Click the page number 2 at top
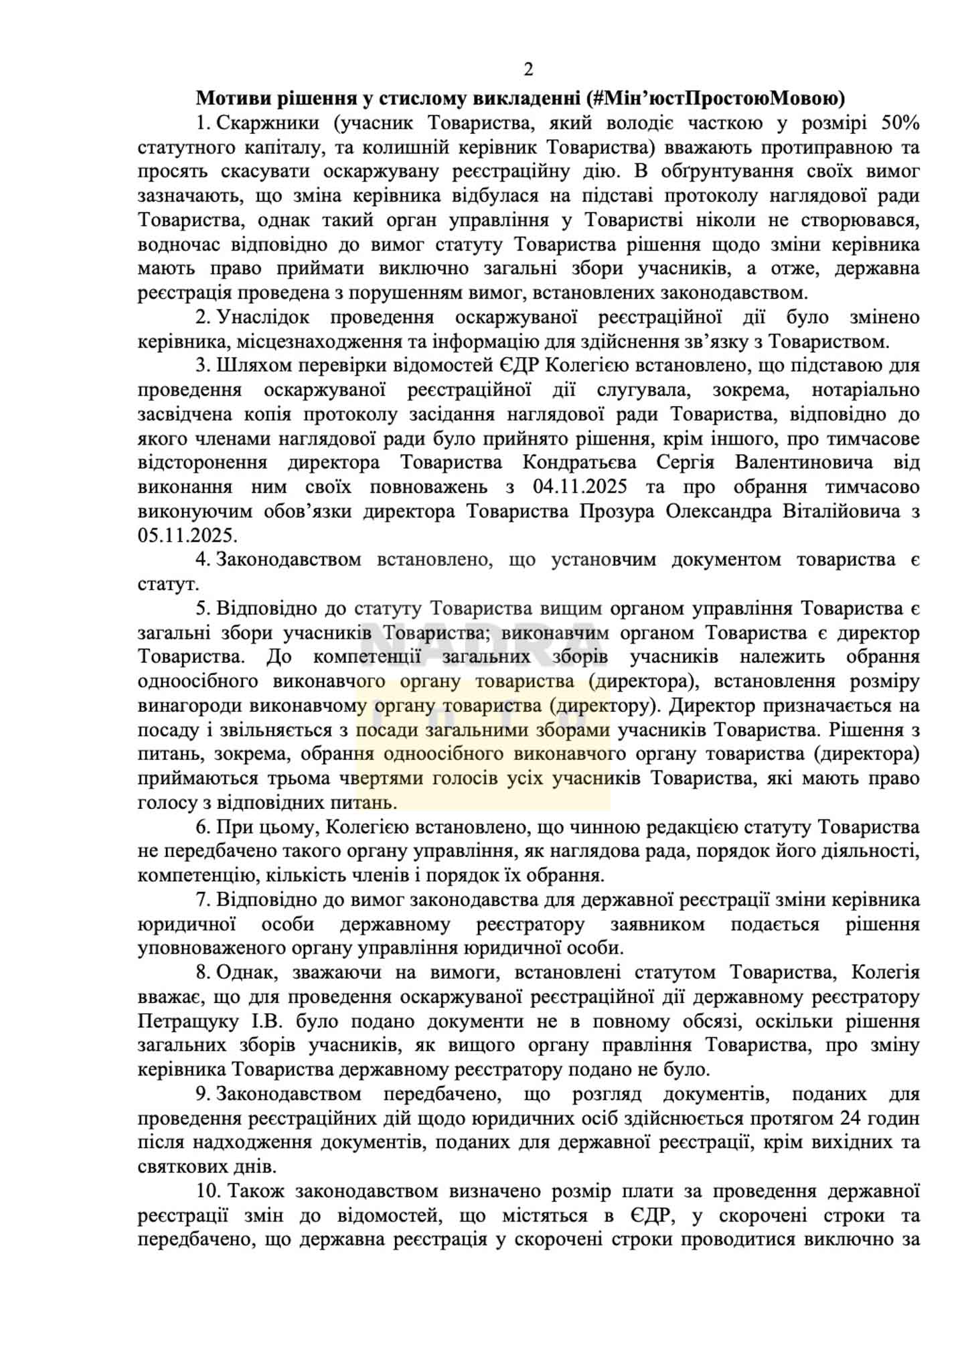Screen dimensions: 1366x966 coord(528,70)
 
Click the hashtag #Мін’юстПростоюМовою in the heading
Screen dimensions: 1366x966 coord(714,98)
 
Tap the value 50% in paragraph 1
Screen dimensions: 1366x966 coord(899,123)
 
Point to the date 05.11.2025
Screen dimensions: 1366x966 coord(187,536)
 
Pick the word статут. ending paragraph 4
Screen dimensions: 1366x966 coord(168,584)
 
